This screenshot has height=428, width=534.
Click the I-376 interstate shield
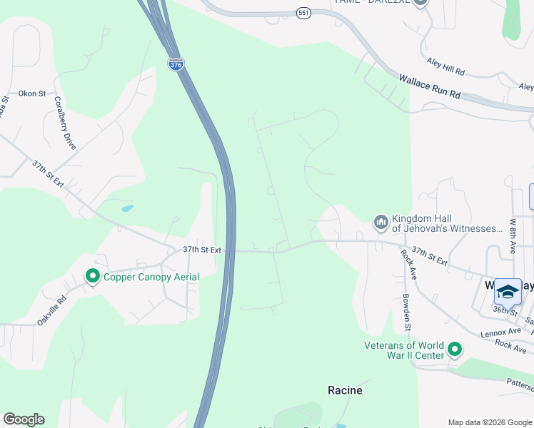coord(176,64)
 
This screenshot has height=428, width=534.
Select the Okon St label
coord(32,93)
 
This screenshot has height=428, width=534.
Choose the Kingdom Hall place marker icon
coord(381,223)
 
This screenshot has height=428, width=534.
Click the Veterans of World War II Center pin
coord(455,350)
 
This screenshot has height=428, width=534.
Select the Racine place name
coord(345,390)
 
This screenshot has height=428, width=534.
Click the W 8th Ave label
coord(513,236)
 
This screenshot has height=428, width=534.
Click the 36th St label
coord(504,311)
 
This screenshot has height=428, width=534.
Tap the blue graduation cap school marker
coord(508,291)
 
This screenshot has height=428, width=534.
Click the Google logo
coord(24,419)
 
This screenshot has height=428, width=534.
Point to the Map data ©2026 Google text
coord(490,422)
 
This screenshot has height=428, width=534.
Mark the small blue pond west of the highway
coord(127,209)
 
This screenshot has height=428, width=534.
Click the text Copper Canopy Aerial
coord(151,277)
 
